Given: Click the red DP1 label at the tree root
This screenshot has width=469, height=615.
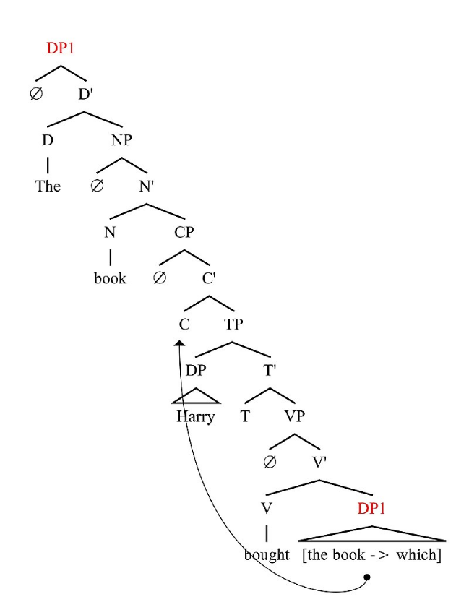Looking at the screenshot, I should (61, 48).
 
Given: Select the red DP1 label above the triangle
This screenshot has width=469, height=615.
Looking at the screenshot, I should (371, 509).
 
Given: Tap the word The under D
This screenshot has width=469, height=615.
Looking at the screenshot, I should (48, 186).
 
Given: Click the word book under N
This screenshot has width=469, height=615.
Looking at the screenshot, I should (110, 278).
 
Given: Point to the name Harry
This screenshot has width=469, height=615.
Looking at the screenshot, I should (195, 417).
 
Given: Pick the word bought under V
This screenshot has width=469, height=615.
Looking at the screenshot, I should (267, 555).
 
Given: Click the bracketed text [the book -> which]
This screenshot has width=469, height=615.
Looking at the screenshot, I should (372, 555).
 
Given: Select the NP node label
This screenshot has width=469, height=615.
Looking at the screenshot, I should (122, 140).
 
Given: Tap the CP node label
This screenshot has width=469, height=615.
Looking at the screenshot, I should (184, 232).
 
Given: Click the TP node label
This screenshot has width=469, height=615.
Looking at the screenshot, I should (233, 324).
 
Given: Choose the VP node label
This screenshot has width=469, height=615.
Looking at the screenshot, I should (294, 417).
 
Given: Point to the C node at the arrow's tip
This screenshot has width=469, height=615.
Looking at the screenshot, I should (184, 324).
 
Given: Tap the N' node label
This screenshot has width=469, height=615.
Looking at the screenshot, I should (147, 186).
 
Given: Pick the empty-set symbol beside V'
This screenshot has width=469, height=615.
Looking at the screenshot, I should (270, 463).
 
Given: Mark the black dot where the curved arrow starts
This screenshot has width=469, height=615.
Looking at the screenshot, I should (367, 577).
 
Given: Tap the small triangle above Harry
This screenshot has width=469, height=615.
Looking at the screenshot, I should (195, 396).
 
